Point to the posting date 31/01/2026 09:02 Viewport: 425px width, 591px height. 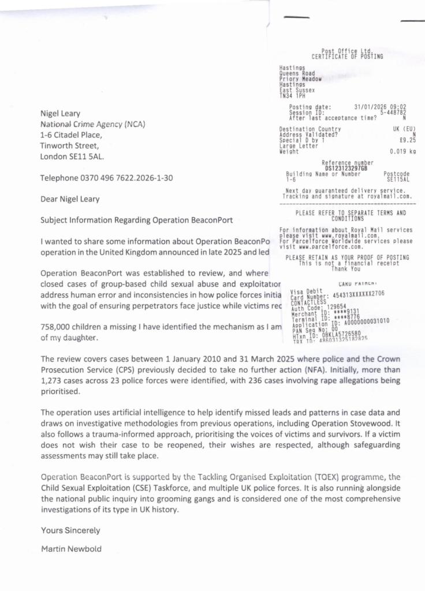click(381, 107)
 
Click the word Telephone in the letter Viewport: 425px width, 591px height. click(59, 178)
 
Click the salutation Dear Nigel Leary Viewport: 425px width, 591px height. click(69, 199)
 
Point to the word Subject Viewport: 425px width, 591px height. click(55, 220)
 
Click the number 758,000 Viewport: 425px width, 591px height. click(55, 327)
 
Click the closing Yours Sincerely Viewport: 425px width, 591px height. click(70, 530)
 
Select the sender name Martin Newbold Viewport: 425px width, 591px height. click(71, 548)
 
